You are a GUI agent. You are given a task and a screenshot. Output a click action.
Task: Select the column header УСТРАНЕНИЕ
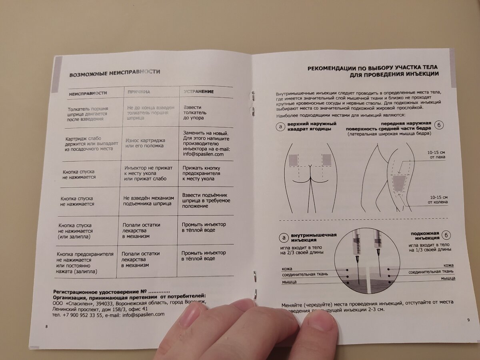(199, 92)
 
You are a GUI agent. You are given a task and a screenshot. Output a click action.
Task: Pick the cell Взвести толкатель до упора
(194, 113)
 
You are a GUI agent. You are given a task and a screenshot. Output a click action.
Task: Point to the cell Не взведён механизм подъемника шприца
(148, 201)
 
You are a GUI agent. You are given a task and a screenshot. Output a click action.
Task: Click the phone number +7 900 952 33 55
(81, 314)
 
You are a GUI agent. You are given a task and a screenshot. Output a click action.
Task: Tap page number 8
(47, 327)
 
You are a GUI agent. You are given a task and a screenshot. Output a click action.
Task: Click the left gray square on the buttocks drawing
(294, 161)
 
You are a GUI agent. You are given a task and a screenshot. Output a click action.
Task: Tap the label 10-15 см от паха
(436, 154)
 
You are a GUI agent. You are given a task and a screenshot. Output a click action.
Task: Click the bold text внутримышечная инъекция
(314, 237)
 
